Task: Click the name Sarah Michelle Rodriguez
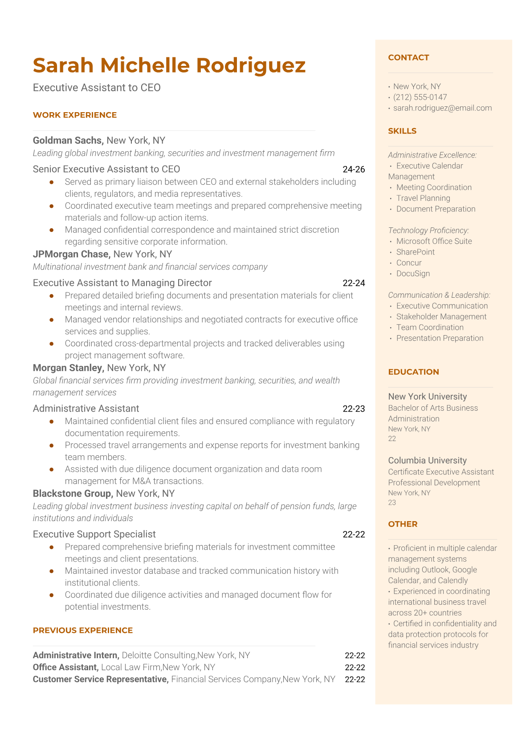(x=169, y=65)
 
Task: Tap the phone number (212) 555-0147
(x=420, y=97)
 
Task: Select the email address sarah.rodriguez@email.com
(x=442, y=108)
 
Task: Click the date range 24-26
(x=354, y=169)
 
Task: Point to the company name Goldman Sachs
(x=67, y=141)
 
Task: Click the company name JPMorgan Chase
(x=71, y=254)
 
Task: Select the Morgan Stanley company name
(x=68, y=368)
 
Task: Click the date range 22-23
(x=354, y=409)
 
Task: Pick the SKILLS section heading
(x=402, y=131)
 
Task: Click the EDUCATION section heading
(x=413, y=372)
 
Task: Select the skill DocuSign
(x=413, y=273)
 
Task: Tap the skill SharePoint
(x=415, y=252)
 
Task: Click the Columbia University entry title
(x=427, y=461)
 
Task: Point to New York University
(x=427, y=397)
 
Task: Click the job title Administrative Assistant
(x=86, y=409)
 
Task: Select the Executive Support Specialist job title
(x=94, y=534)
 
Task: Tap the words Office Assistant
(x=65, y=667)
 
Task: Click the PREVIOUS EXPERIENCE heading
(x=83, y=630)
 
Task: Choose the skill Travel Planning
(x=423, y=198)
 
